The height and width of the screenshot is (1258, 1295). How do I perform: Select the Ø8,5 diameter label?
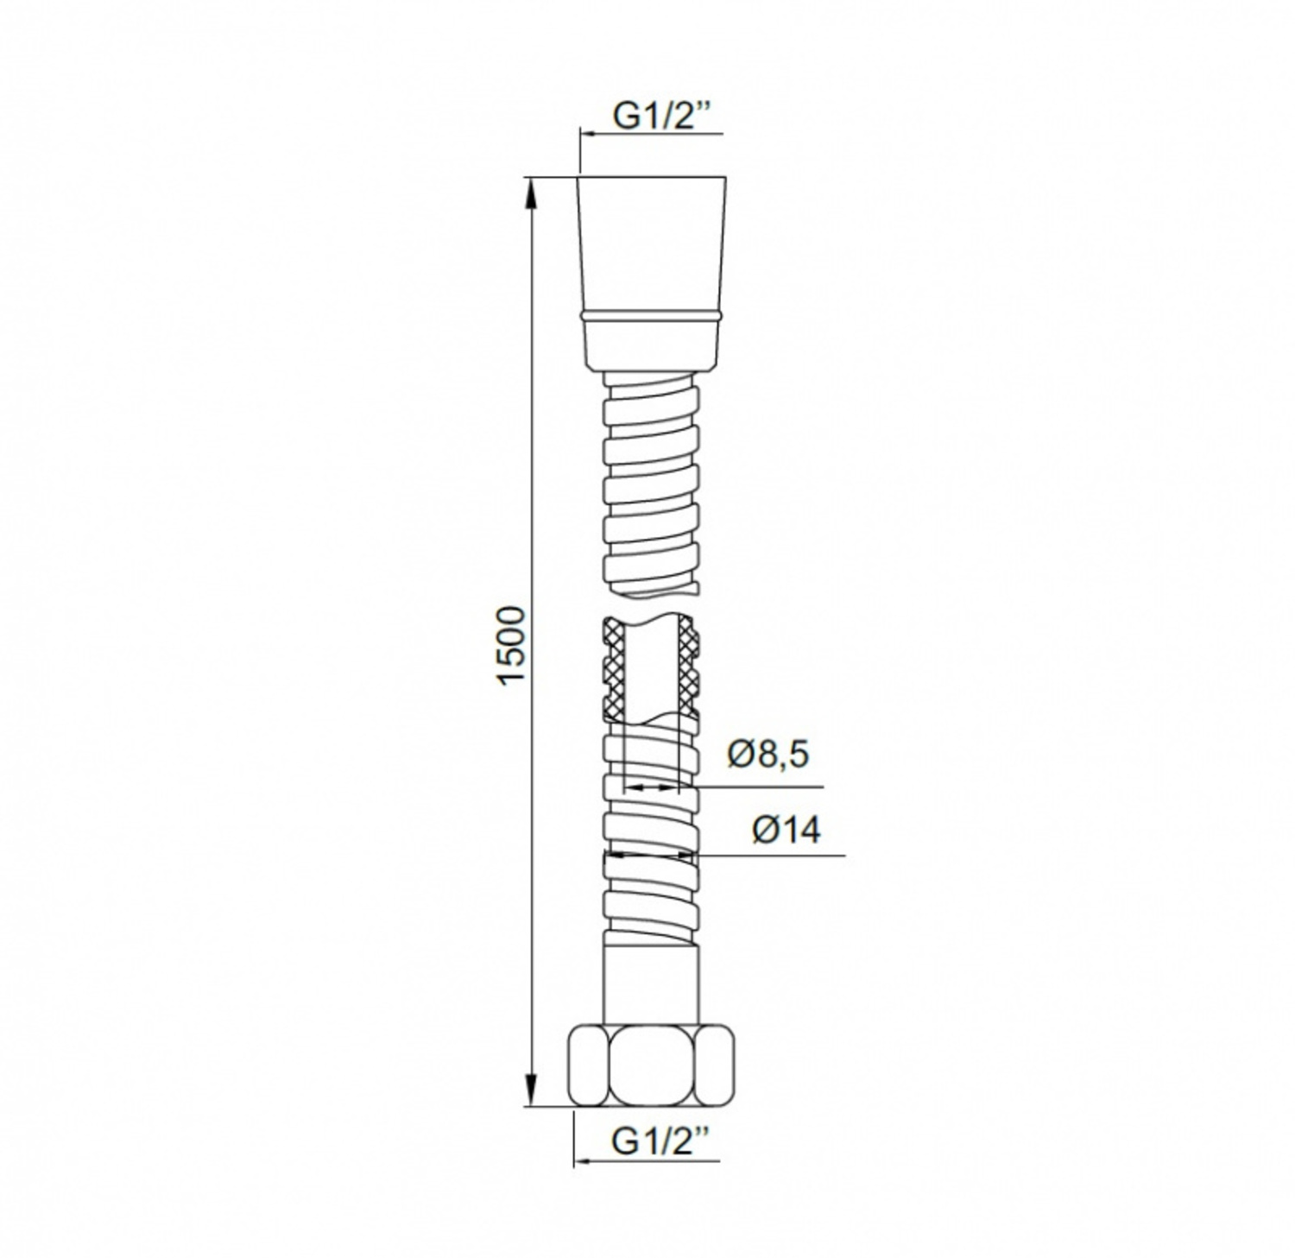(768, 755)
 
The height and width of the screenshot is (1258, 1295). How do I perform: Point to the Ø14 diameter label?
(786, 830)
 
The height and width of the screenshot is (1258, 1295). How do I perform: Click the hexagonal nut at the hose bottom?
(652, 1065)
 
